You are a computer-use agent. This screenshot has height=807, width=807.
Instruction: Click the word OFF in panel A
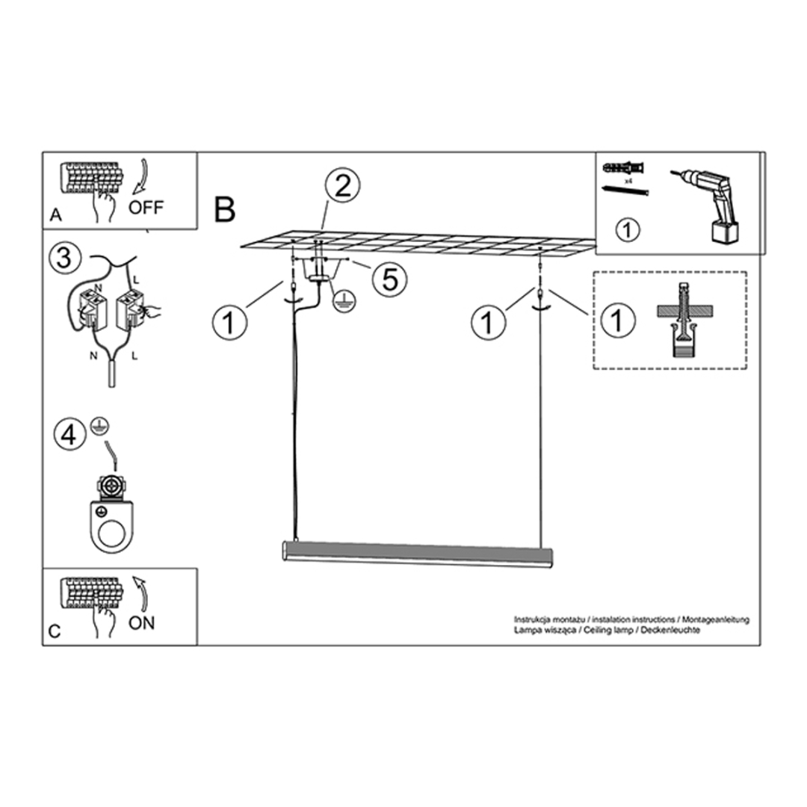pos(146,207)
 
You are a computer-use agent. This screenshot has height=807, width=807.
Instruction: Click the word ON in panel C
pos(141,622)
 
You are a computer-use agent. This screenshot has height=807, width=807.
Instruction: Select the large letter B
pos(225,209)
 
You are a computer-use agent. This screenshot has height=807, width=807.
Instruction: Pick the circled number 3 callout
pos(64,259)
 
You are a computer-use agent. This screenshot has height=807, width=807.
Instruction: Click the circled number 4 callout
pos(69,435)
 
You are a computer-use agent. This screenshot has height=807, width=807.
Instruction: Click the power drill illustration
pos(710,202)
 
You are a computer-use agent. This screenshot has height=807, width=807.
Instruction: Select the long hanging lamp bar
pos(418,554)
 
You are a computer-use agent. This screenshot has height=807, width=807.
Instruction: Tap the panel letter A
pos(55,215)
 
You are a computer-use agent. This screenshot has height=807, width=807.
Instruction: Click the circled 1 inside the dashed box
pos(617,321)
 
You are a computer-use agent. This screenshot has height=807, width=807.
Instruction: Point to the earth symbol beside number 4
pos(97,425)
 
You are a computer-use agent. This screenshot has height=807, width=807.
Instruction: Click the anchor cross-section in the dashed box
pos(681,321)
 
